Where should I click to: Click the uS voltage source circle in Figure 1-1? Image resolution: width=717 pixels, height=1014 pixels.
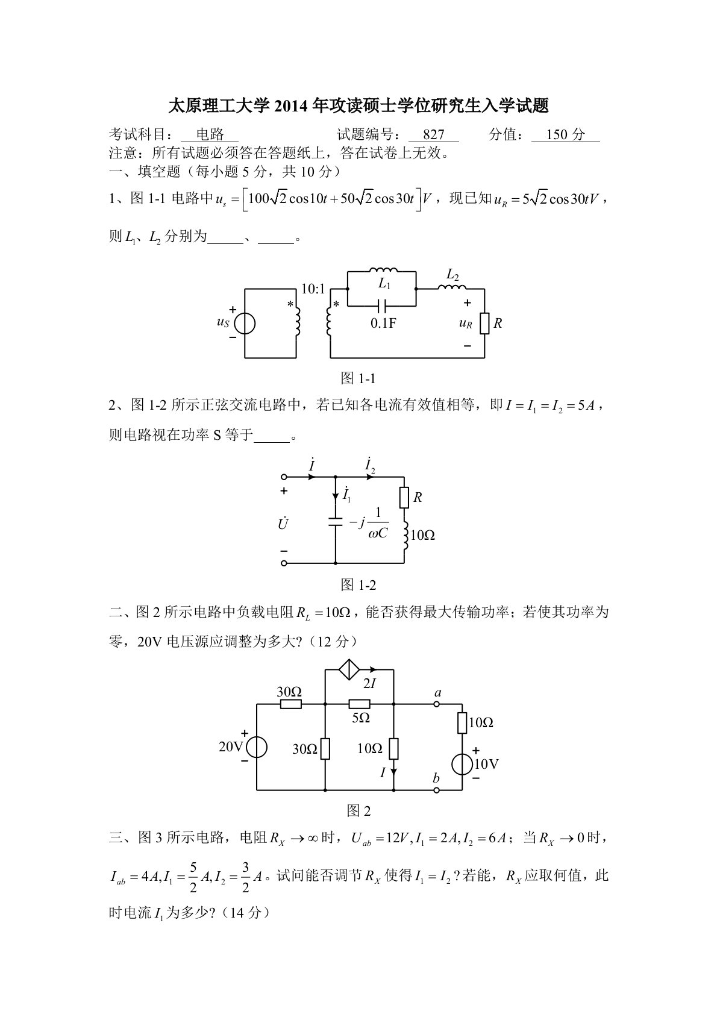coord(245,324)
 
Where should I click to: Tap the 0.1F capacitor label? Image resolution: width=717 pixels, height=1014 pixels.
coord(384,323)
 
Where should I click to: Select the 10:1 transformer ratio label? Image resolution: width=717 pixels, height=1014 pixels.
coord(313,289)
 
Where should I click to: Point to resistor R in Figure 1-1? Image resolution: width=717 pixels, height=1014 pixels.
coord(484,324)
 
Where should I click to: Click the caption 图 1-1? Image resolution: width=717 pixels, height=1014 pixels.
coord(358,378)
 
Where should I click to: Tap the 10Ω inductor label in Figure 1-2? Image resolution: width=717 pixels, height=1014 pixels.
coord(422,535)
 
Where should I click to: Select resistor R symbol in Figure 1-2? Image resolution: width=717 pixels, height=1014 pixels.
coord(404,498)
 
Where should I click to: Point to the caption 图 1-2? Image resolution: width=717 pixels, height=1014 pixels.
coord(358,584)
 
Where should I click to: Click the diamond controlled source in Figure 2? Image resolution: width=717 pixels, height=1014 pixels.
coord(348,669)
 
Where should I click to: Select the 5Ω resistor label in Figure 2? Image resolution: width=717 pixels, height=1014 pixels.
coord(360,718)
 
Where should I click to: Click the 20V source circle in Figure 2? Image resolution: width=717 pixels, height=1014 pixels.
coord(257,747)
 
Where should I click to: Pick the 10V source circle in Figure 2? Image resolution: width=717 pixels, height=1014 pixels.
coord(462,764)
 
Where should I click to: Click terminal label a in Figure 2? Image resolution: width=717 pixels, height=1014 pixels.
coord(438,693)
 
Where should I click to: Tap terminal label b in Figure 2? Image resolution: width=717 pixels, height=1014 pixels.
coord(436,778)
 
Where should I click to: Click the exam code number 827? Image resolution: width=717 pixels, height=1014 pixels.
coord(433,135)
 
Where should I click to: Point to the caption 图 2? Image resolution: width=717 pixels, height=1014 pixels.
coord(358,811)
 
